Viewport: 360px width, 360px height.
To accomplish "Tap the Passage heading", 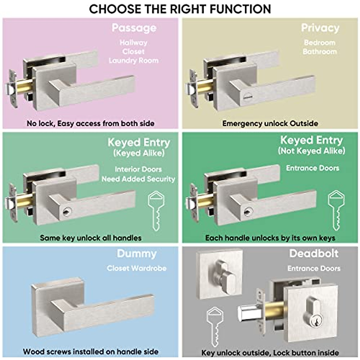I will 134,28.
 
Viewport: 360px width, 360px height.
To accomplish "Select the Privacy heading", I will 320,28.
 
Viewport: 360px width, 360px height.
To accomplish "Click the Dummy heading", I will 136,254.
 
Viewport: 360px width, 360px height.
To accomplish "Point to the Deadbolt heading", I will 313,253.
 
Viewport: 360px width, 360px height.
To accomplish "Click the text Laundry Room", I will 133,61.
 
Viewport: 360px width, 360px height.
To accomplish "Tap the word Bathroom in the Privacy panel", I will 319,52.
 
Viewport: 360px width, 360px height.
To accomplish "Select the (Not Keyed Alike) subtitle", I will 311,151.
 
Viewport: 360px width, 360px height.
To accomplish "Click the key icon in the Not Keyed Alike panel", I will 336,210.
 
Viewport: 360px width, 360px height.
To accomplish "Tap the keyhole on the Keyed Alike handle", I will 66,212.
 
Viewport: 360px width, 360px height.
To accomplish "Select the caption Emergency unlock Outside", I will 270,123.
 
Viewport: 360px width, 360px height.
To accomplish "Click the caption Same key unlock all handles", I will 91,238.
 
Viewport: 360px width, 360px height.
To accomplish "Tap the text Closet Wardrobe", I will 136,268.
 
